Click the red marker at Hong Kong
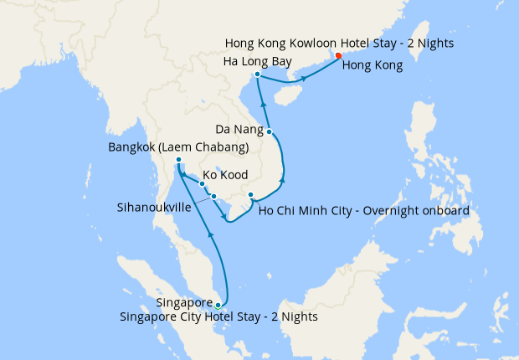[338, 56]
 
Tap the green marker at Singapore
[218, 305]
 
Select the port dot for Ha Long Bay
[257, 75]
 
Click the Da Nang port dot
[269, 131]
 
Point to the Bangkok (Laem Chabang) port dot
[179, 160]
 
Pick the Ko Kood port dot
[202, 183]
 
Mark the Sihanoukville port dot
[214, 197]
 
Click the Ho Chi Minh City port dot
[250, 196]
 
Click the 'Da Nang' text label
[237, 131]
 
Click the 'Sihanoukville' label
[156, 206]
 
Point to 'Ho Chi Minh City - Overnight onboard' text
[364, 209]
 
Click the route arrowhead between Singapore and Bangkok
[209, 237]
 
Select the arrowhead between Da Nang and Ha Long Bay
[264, 105]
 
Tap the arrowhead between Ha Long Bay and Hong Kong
[305, 79]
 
